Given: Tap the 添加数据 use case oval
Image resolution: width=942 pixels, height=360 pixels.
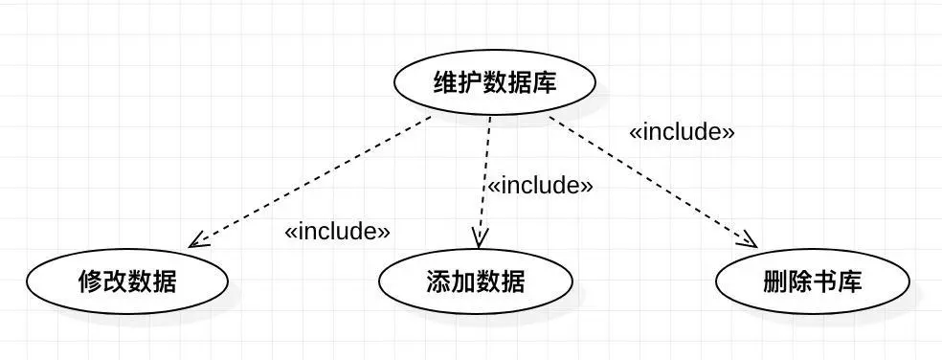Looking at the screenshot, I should click(x=475, y=281).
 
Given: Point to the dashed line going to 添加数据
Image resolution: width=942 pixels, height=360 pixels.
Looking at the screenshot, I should click(x=484, y=172).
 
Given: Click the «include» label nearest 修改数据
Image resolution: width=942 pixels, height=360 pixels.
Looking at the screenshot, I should click(x=338, y=232).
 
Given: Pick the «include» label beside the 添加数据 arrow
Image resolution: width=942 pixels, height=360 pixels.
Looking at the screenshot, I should click(x=540, y=185).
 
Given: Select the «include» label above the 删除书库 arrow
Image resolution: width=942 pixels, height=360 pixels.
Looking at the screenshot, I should click(x=682, y=132).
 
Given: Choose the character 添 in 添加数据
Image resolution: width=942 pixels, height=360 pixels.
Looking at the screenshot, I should click(x=437, y=281).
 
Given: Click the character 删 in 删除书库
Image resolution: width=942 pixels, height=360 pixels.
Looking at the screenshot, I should click(x=776, y=281).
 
